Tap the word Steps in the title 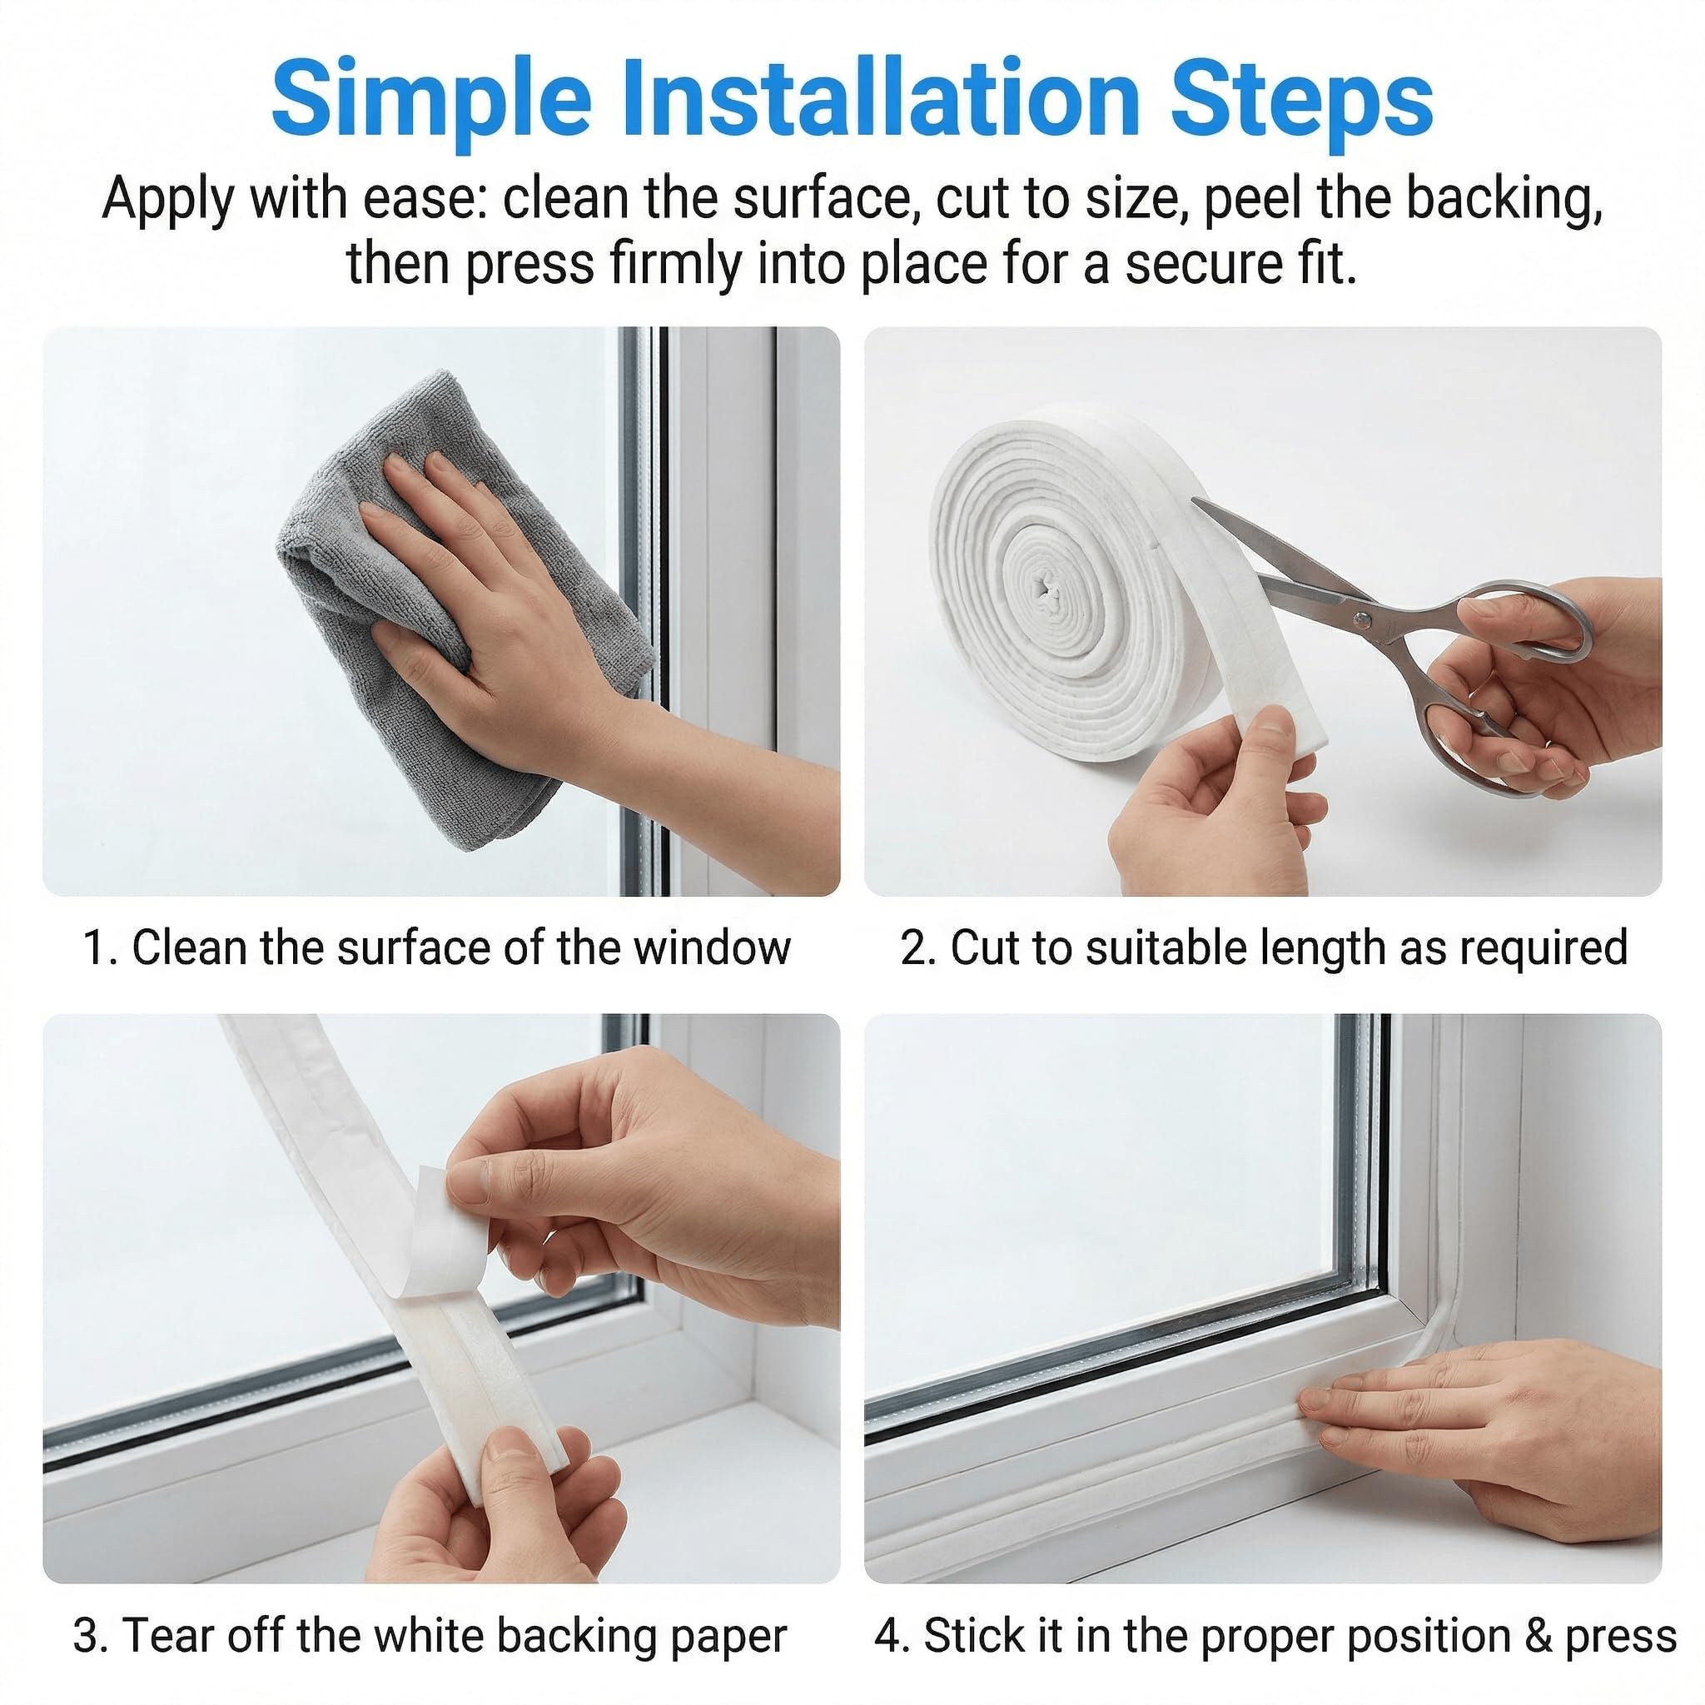[x=1302, y=104]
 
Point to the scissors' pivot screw [x=1364, y=620]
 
